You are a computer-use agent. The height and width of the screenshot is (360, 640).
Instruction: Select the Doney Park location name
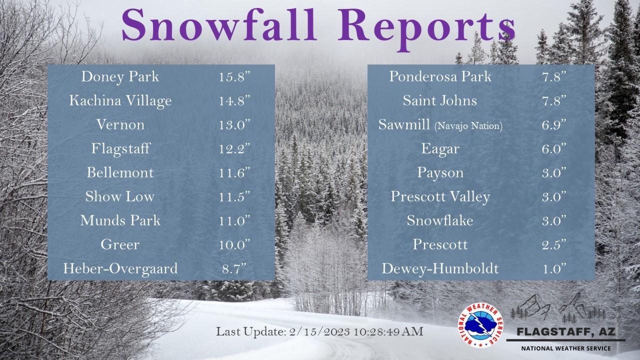tap(120, 77)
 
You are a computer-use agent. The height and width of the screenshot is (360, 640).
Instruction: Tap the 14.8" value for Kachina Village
tap(234, 101)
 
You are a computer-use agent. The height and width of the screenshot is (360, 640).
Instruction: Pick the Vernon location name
tap(120, 125)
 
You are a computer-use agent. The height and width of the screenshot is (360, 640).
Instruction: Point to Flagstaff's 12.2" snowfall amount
tap(234, 149)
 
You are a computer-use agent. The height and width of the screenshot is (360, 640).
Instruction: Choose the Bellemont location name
tap(120, 173)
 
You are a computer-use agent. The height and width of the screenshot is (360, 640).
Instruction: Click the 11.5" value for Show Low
tap(234, 197)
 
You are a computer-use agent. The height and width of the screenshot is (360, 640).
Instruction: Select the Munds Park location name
tap(120, 220)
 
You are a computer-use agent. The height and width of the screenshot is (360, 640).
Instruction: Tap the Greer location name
tap(120, 245)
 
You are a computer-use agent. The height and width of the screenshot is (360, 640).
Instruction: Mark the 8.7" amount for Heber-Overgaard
tap(234, 269)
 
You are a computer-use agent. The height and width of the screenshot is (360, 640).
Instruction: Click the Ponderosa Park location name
tap(440, 77)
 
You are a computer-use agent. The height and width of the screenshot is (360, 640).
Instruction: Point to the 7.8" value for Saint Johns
tap(554, 101)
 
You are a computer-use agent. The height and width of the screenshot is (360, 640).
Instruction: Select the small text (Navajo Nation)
tap(468, 126)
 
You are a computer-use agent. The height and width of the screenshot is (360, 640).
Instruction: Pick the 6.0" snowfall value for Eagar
tap(554, 149)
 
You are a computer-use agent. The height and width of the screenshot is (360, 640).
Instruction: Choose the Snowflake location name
tap(440, 220)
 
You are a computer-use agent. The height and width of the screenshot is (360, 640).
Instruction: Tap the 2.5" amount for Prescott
tap(554, 245)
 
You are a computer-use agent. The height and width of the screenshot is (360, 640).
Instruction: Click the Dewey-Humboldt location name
tap(440, 269)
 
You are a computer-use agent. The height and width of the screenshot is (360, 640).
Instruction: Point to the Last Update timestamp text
tap(320, 332)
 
